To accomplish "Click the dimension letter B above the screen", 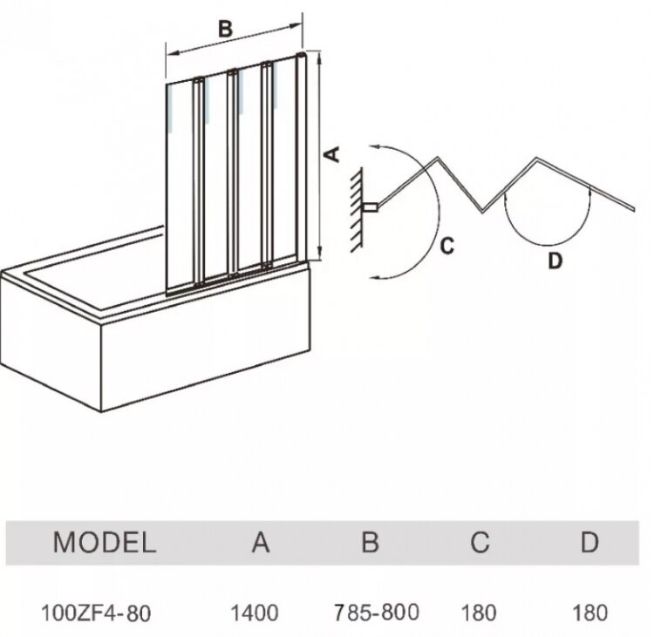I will tap(225, 28).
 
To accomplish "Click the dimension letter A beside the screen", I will tap(332, 154).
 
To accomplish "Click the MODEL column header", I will tap(105, 542).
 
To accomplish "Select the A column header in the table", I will tap(260, 542).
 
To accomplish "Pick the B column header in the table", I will tap(370, 542).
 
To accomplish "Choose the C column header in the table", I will tap(480, 542).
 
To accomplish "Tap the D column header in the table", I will tap(589, 542).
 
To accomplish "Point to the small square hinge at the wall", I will tap(371, 207).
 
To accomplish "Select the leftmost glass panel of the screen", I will tap(181, 183).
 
